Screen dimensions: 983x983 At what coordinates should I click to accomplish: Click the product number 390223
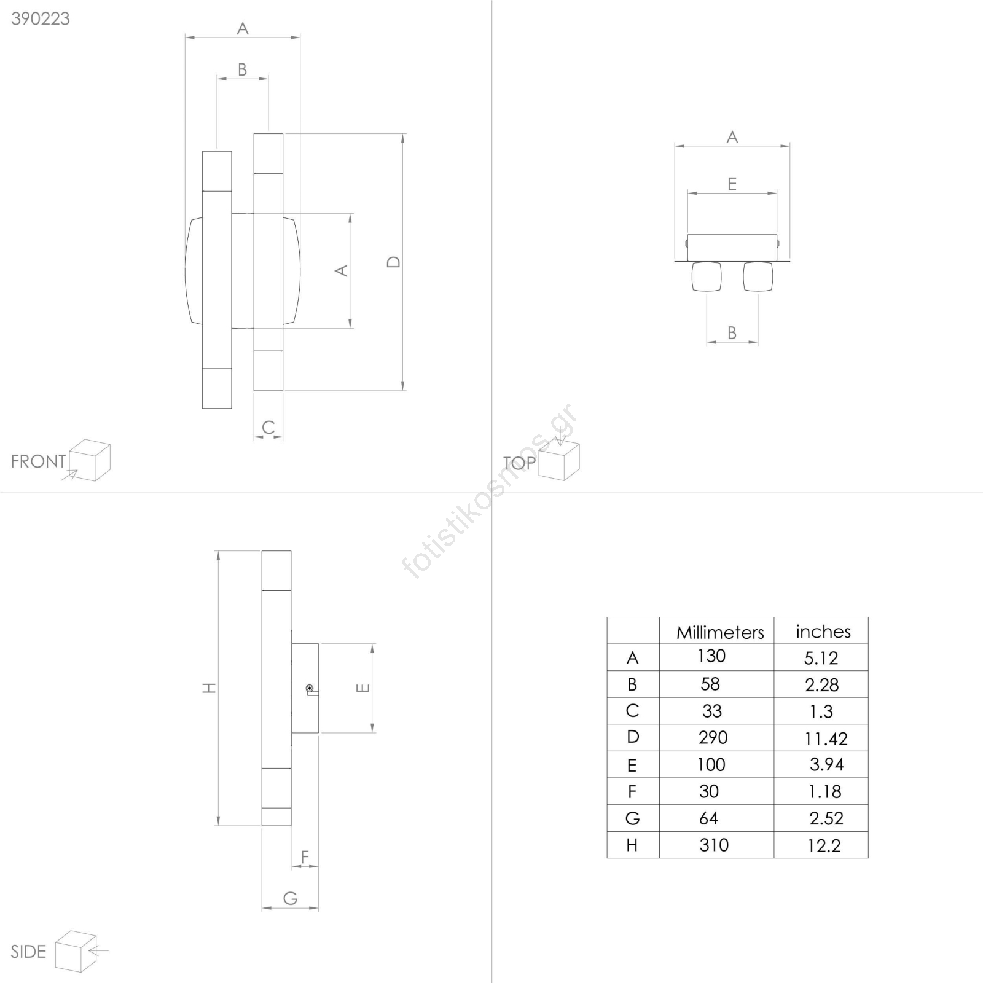point(41,18)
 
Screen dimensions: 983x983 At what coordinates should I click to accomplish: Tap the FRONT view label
point(38,461)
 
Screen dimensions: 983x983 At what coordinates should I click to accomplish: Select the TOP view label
point(519,463)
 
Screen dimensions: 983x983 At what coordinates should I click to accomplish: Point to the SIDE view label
point(28,952)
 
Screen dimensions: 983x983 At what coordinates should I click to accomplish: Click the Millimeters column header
point(720,632)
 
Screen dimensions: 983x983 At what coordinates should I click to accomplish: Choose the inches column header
point(823,632)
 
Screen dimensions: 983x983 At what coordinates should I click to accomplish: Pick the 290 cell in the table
point(713,737)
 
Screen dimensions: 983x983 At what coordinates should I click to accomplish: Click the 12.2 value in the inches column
point(823,845)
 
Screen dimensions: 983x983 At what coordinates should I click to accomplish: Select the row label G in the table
point(632,818)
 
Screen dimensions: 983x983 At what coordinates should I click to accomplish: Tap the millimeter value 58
point(710,684)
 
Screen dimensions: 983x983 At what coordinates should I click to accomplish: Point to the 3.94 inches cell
point(826,764)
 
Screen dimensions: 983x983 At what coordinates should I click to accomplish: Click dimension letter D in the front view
point(393,262)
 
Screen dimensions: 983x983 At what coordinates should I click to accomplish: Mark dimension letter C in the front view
point(268,427)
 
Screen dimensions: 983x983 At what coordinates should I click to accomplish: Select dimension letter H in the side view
point(210,687)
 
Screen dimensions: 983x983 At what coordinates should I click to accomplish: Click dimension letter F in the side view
point(305,856)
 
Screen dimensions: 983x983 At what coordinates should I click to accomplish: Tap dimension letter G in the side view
point(290,898)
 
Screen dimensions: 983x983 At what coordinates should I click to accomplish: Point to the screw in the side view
point(310,688)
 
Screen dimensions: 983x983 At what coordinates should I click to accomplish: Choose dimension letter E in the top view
point(732,184)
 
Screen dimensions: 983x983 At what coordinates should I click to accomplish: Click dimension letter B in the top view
point(732,332)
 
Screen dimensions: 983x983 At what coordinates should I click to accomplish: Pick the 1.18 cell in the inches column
point(824,791)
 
